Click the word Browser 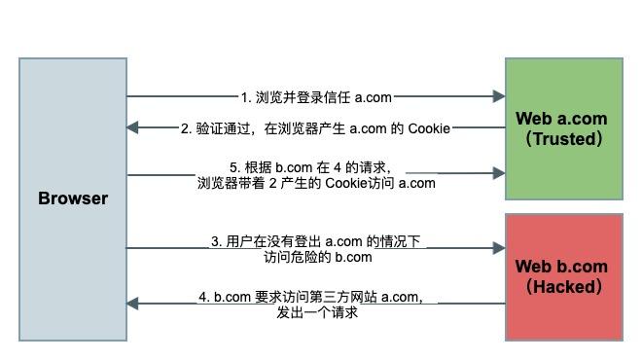coord(73,198)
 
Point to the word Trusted coord(563,138)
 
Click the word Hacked coord(563,286)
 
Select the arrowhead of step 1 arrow coord(499,96)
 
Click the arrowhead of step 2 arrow coord(133,127)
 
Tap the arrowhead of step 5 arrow coord(499,173)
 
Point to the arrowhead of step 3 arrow coord(499,248)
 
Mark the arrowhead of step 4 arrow coord(133,304)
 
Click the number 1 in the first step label coord(244,97)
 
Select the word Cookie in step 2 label coord(429,128)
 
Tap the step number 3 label coord(215,242)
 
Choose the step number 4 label coord(203,297)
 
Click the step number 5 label coord(233,166)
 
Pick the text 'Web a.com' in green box coord(561,119)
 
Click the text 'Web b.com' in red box coord(561,267)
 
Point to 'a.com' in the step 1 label coord(373,97)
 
